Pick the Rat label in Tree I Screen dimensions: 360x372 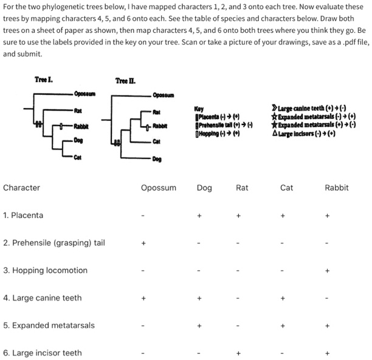[78, 110]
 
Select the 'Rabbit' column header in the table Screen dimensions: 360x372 [337, 188]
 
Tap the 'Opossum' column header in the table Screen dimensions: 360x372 [159, 188]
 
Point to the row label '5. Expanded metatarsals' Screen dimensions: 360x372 [49, 325]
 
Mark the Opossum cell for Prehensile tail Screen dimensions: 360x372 [143, 243]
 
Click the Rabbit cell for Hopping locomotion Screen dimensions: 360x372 [327, 271]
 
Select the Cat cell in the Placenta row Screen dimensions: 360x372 [282, 216]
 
